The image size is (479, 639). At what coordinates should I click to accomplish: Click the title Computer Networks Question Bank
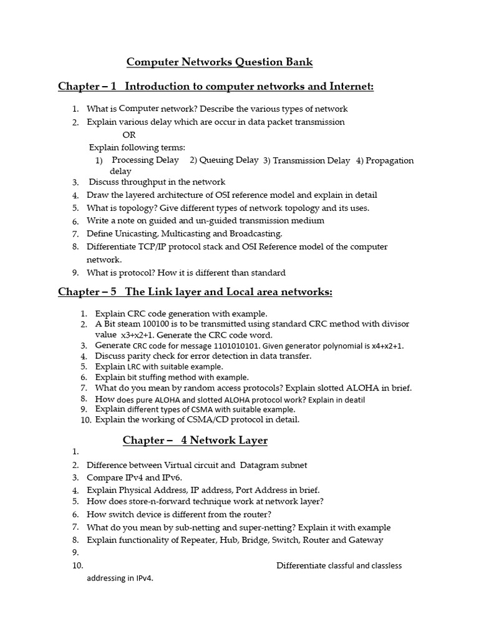(x=220, y=62)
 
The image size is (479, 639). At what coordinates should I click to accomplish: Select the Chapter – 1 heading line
(x=216, y=86)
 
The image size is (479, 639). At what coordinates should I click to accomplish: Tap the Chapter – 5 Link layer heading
(x=195, y=292)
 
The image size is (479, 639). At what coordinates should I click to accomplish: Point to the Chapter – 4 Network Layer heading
(x=195, y=441)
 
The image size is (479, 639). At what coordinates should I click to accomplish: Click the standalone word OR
(x=129, y=135)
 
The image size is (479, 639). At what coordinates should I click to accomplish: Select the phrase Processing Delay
(x=145, y=160)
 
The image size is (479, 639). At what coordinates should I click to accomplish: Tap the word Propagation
(x=389, y=160)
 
